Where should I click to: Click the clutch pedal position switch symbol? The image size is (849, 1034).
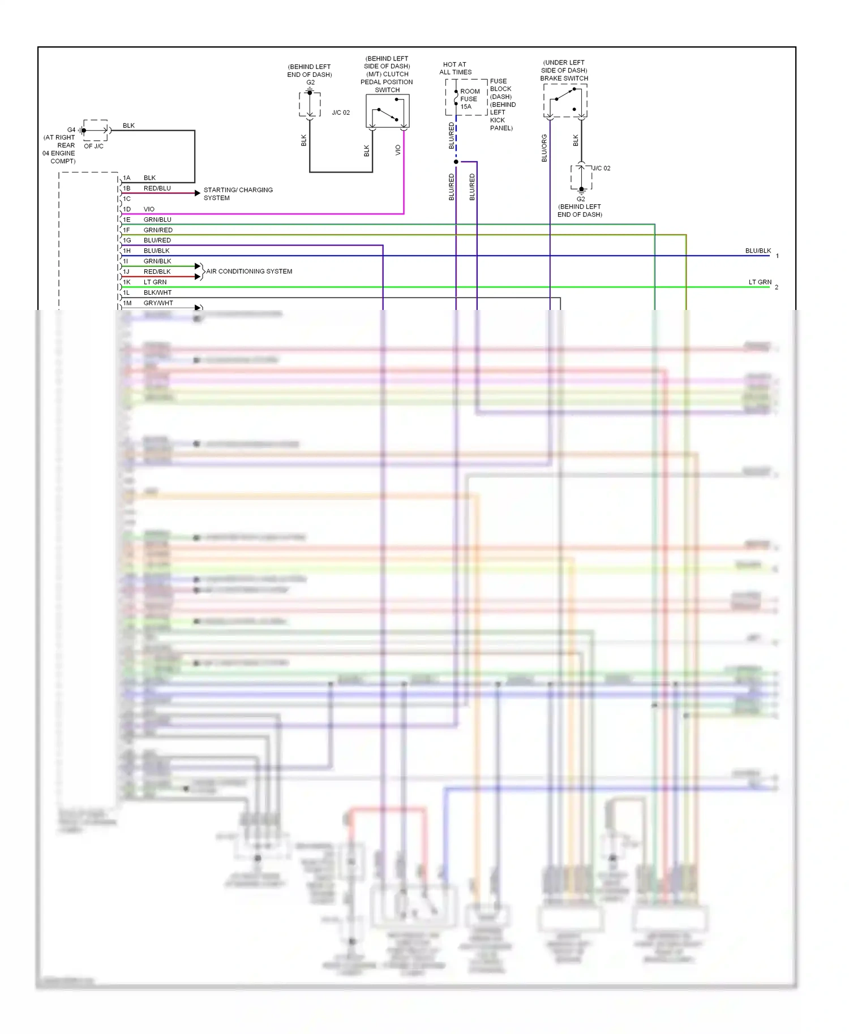coord(388,111)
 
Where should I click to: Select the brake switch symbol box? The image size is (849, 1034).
coord(565,101)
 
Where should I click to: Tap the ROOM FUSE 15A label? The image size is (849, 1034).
coord(469,99)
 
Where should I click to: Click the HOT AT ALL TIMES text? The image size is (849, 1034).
coord(455,68)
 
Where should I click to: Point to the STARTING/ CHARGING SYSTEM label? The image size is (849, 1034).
coord(238,194)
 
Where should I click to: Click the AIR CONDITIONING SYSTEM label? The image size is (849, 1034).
coord(249,272)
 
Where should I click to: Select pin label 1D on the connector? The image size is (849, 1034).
coord(127,209)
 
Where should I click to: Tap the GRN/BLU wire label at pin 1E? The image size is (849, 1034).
coord(157,219)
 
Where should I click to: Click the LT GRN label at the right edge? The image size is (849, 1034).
coord(760,282)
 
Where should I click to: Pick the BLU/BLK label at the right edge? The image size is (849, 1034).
coord(758,251)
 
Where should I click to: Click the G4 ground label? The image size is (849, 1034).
coord(71,130)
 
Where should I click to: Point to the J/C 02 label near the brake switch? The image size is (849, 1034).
coord(601,169)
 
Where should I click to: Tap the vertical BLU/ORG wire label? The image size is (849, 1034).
coord(544,148)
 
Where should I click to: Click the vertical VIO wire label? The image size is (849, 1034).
coord(398,150)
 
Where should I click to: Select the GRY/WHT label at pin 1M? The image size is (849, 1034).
coord(158,303)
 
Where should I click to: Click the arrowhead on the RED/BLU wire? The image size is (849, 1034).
coord(197,193)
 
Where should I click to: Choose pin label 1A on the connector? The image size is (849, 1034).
coord(127,178)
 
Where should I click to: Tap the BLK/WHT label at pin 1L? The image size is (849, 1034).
coord(157,293)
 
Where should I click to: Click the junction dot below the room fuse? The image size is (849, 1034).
coord(456,162)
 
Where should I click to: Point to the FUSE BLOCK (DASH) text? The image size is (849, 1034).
coord(500,89)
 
